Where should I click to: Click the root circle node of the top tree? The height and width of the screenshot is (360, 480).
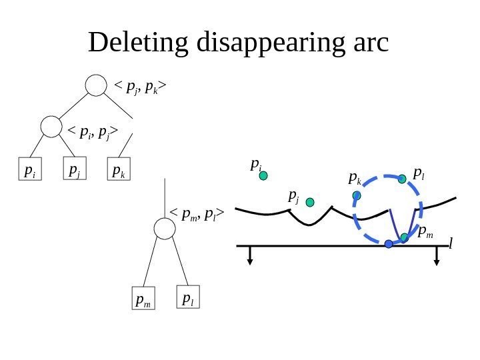pos(97,85)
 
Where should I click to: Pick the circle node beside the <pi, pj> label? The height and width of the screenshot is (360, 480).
pos(51,127)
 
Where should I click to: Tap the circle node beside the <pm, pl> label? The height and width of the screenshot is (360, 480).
pos(165,229)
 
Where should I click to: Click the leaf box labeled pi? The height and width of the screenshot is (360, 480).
pos(29,171)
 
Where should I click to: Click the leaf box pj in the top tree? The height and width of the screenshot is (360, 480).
pos(75,170)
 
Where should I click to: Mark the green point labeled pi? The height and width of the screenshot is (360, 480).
pos(263,176)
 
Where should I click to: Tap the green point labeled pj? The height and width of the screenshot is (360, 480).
pos(310,201)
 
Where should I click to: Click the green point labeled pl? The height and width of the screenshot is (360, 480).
pos(402,179)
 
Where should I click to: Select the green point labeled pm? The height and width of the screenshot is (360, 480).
pos(404,237)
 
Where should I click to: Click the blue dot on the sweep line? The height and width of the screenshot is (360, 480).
pos(389,245)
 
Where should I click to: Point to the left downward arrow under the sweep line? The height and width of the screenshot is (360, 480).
pos(250,256)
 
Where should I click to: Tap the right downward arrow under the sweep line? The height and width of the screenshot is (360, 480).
pos(437,256)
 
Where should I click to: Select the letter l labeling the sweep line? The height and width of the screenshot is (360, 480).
pos(450,245)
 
